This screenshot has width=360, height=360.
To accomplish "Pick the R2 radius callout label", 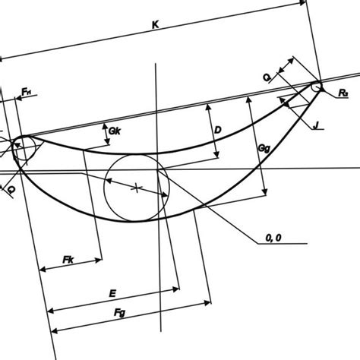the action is coord(343,93).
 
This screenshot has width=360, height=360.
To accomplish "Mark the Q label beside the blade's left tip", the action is coord(11,189).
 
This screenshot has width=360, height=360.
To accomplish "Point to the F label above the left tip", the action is coord(26,93).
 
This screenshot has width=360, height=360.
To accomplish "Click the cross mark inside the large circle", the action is coord(136,187).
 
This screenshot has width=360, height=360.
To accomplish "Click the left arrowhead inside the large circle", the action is coord(109,181).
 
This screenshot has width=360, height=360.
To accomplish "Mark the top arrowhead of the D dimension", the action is coord(207,108).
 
